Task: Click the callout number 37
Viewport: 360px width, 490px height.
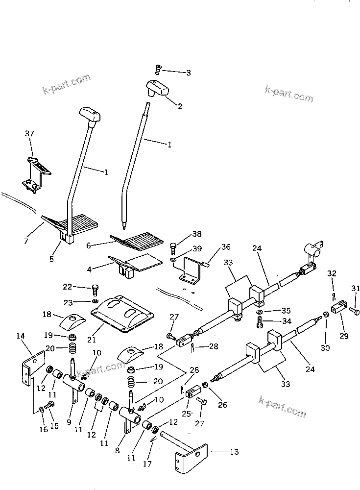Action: coord(29,134)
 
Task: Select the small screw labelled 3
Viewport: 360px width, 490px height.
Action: coord(158,70)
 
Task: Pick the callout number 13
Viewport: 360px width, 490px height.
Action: coord(234,452)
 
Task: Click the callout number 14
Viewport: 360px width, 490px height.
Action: coord(20,336)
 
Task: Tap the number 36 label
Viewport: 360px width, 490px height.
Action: coord(225,246)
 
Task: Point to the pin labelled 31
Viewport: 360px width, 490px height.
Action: coord(355,310)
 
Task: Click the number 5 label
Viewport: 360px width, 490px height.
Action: coord(51,259)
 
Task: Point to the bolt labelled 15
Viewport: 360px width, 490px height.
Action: coord(49,405)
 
